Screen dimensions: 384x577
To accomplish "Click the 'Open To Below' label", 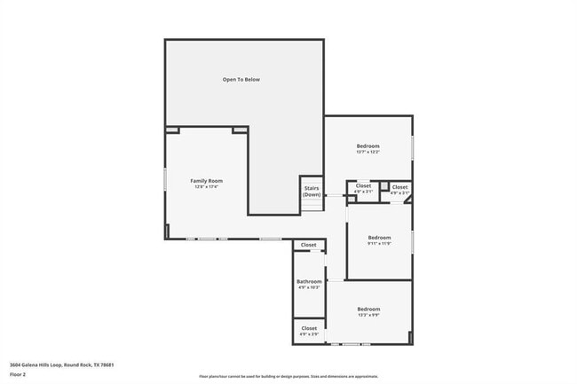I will pos(241,80).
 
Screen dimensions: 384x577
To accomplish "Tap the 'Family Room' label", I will pos(206,180).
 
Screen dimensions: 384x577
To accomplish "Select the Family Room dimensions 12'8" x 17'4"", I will pos(206,187).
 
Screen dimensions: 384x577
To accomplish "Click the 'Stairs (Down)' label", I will pos(312,191).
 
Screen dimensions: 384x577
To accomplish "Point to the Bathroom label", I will pos(309,281).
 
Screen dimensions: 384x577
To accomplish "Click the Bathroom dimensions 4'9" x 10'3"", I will pos(309,288).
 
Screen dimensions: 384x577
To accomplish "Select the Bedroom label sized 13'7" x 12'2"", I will pos(368,145).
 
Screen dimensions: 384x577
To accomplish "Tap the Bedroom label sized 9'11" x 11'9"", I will pos(379,238).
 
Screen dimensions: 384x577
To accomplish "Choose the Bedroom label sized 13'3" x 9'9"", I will pos(368,309).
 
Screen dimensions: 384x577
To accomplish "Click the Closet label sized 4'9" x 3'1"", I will pos(363,185).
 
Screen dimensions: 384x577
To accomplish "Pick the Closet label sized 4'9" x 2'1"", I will pos(399,186).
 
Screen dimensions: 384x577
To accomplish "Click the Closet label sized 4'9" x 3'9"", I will pos(309,328).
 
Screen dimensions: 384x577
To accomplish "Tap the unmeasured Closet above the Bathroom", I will pos(308,245).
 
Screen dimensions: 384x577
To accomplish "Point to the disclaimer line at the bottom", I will pos(288,377).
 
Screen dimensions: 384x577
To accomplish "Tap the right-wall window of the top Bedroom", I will pos(413,147).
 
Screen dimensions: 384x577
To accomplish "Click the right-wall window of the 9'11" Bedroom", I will pos(413,239).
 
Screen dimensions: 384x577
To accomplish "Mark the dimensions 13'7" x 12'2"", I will pos(368,153).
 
